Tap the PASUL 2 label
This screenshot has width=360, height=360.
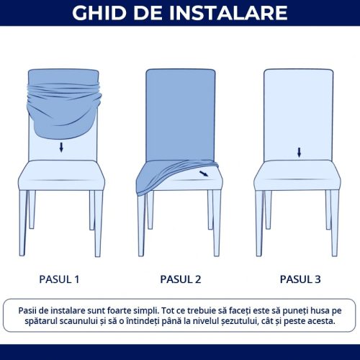(x=179, y=279)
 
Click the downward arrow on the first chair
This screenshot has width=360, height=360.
(x=61, y=148)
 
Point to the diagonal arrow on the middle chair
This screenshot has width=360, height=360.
(x=206, y=174)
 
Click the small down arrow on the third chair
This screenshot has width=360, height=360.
(x=299, y=152)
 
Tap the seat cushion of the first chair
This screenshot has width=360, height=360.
(x=61, y=174)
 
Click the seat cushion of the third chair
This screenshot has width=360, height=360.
(x=299, y=174)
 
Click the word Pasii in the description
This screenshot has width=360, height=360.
(x=32, y=308)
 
